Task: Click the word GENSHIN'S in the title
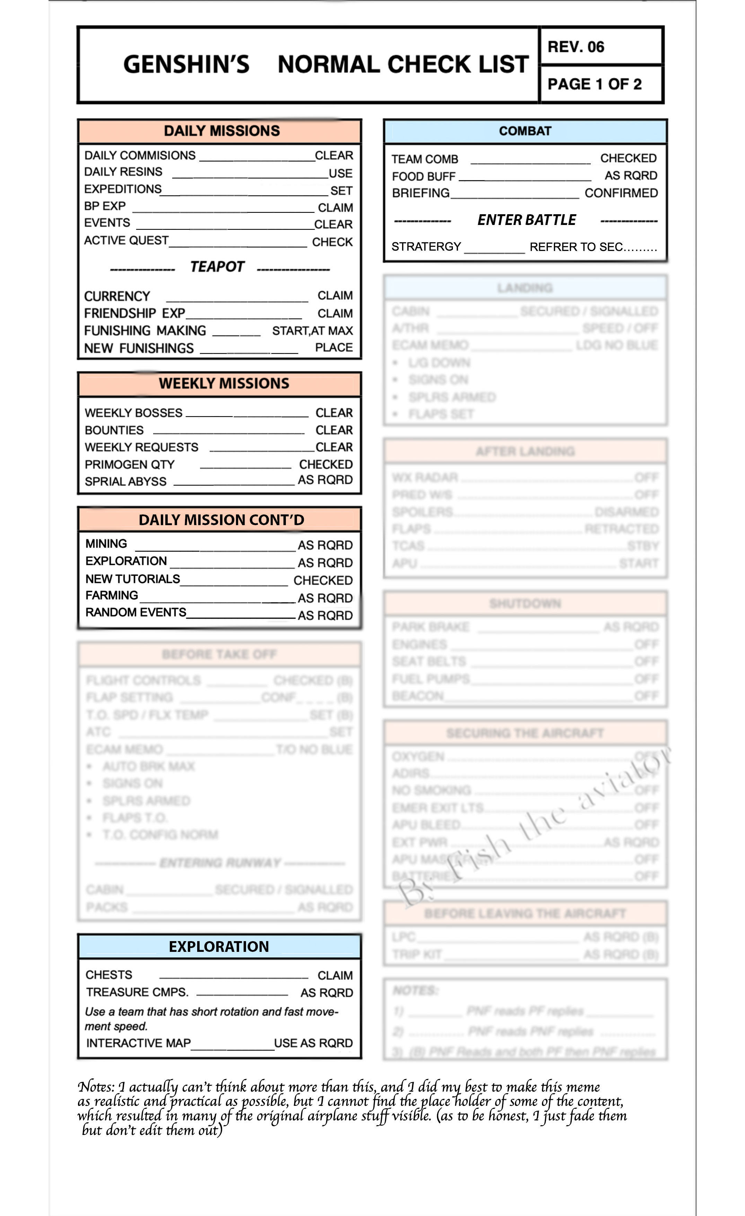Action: tap(186, 65)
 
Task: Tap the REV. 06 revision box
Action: tap(576, 47)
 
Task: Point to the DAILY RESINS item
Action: tap(123, 172)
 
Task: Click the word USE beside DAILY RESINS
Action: tap(340, 174)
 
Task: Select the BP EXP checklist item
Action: tap(105, 206)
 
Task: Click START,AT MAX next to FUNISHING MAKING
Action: tap(312, 331)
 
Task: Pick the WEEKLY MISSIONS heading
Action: tap(223, 383)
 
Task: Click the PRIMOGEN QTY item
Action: tap(129, 465)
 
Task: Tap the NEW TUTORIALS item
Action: tap(132, 579)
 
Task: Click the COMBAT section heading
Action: tap(525, 131)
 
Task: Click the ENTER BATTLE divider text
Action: tap(526, 220)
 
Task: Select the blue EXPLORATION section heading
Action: tap(219, 947)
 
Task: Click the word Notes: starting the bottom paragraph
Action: tap(96, 1087)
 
